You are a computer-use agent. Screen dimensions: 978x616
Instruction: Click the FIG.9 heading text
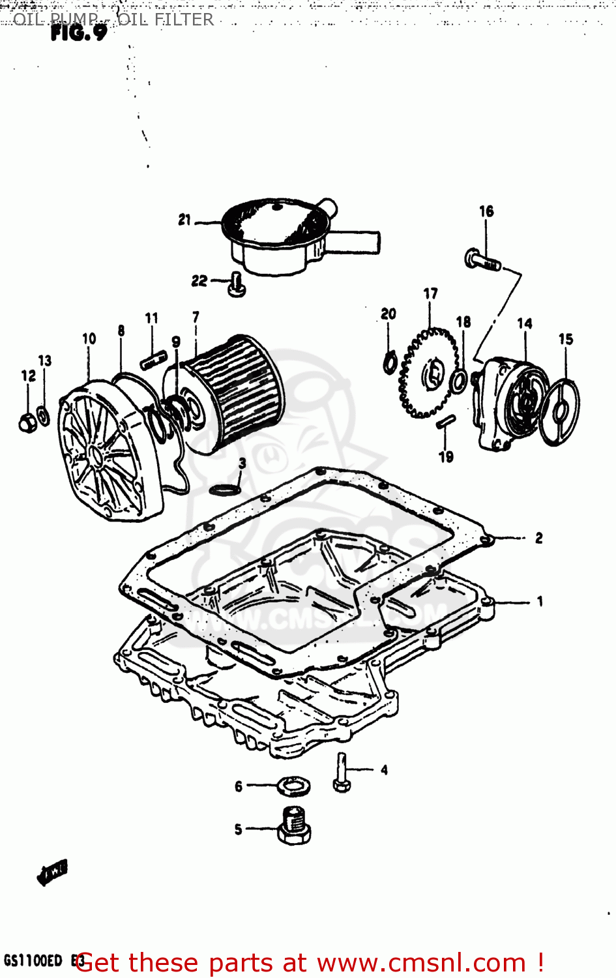(78, 33)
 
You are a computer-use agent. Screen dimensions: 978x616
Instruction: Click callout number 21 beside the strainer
(184, 220)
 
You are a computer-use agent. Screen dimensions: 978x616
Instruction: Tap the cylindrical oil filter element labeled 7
(235, 394)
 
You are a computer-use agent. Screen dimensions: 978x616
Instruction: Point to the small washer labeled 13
(44, 415)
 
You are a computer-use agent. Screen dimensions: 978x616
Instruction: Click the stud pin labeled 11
(154, 359)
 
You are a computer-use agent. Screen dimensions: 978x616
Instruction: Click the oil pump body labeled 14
(508, 404)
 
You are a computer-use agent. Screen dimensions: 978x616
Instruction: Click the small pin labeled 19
(445, 421)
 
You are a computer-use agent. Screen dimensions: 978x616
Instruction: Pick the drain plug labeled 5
(294, 827)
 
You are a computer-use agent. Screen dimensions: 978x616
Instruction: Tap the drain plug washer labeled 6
(294, 786)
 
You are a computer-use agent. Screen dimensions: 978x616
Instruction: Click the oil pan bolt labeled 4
(342, 773)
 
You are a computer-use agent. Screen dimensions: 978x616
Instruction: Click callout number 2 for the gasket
(538, 538)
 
